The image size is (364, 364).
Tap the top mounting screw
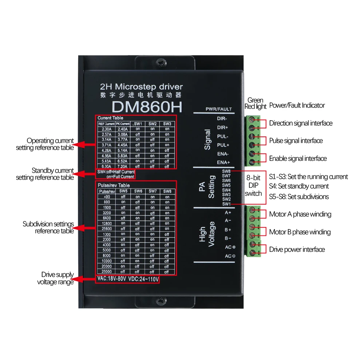(161, 63)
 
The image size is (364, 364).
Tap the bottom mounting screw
(161, 301)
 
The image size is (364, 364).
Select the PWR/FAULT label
(218, 109)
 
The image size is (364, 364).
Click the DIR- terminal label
(222, 119)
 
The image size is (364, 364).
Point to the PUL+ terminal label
(222, 145)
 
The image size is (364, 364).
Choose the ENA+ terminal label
(223, 162)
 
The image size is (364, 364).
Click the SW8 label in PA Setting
(226, 171)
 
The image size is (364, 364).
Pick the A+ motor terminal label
(228, 212)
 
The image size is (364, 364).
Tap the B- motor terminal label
(228, 238)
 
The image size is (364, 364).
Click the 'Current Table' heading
(110, 118)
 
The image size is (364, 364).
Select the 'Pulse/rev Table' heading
(114, 185)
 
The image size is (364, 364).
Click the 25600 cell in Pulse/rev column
(107, 229)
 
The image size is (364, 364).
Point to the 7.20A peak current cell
(123, 166)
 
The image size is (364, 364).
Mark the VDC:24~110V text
(144, 279)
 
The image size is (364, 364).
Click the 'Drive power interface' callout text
(297, 250)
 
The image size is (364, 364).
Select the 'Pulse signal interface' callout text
(296, 141)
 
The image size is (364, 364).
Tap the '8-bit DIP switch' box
(253, 186)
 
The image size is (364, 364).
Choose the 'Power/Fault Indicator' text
(297, 105)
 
